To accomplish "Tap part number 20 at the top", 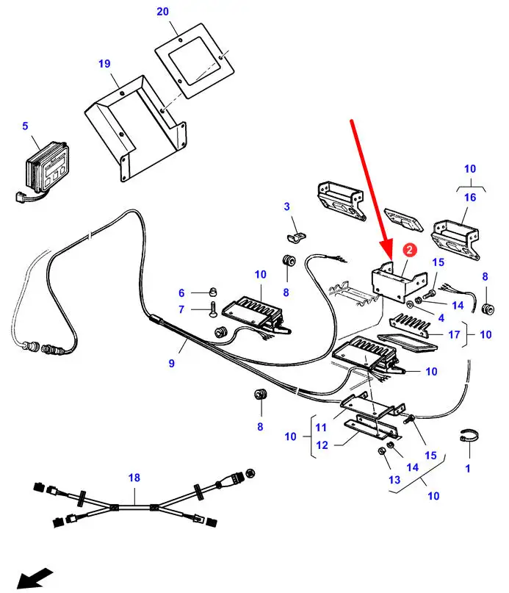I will tap(162, 12).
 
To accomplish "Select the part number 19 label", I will tap(104, 64).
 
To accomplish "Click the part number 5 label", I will tap(25, 126).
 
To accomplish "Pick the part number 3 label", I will tap(287, 207).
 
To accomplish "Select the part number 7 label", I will tap(181, 309).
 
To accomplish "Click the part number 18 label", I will tap(134, 478).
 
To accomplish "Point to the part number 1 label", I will tap(468, 468).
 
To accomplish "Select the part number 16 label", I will tap(469, 198).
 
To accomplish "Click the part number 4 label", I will tap(441, 317).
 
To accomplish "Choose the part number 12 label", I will tap(321, 445).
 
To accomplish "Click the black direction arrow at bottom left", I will tap(35, 577).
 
